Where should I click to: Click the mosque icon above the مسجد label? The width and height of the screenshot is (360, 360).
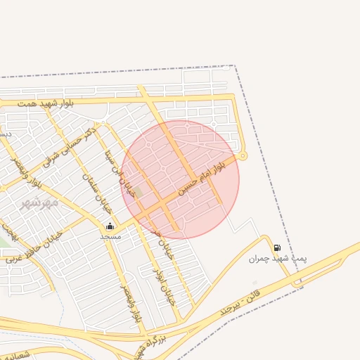[109, 226]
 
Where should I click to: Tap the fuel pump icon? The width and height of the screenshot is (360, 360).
[277, 247]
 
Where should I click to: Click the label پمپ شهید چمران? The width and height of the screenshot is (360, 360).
[268, 259]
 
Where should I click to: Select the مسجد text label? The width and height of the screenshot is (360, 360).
[110, 236]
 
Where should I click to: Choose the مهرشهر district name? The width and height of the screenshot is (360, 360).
[38, 203]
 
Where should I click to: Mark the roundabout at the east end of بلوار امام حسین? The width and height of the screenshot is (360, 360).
[243, 155]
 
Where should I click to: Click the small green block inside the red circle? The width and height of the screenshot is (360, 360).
[139, 191]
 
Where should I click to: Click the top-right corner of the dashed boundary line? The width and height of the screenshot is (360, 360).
[234, 66]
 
